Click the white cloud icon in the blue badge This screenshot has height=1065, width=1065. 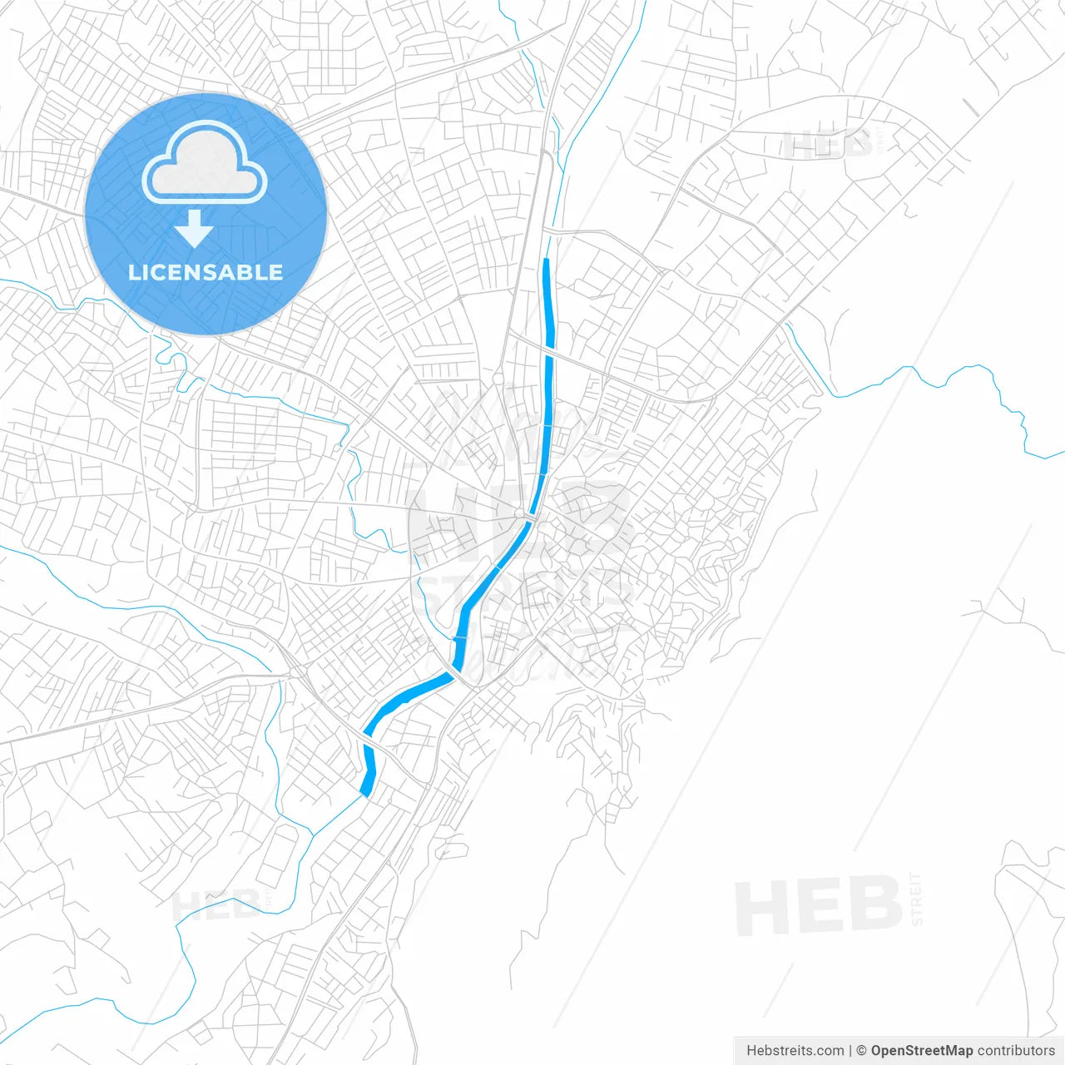pyautogui.click(x=205, y=164)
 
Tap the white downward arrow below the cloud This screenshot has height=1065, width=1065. pyautogui.click(x=194, y=229)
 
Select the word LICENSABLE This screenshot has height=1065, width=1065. pyautogui.click(x=206, y=272)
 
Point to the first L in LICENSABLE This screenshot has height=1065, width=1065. pyautogui.click(x=134, y=272)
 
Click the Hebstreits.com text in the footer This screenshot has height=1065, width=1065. pyautogui.click(x=795, y=1051)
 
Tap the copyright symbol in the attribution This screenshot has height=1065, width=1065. pyautogui.click(x=862, y=1051)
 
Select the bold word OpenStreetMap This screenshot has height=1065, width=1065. pyautogui.click(x=922, y=1051)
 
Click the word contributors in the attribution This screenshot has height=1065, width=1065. pyautogui.click(x=1016, y=1051)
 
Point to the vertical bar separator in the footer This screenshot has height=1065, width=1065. pyautogui.click(x=850, y=1051)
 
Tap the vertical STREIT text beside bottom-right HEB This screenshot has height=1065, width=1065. pyautogui.click(x=916, y=899)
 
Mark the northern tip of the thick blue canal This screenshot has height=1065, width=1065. pyautogui.click(x=546, y=261)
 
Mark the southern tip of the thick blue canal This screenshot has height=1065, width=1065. pyautogui.click(x=365, y=794)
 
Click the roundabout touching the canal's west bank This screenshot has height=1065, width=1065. pyautogui.click(x=520, y=513)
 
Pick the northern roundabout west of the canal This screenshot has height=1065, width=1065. pyautogui.click(x=498, y=378)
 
